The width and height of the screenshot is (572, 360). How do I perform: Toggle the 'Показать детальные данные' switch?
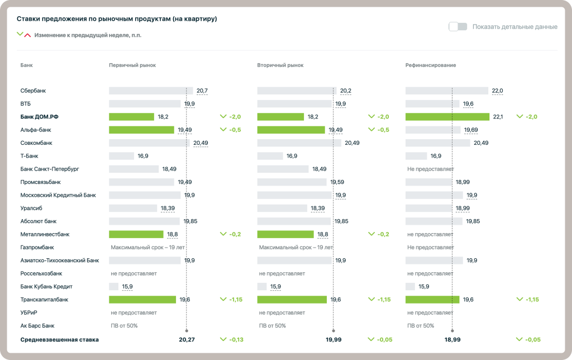click(457, 26)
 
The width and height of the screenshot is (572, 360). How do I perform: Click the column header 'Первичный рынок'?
click(132, 65)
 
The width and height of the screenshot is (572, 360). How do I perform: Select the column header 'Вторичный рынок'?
click(280, 65)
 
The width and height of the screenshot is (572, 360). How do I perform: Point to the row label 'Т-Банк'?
click(29, 156)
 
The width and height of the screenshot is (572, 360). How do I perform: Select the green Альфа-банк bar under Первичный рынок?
click(141, 130)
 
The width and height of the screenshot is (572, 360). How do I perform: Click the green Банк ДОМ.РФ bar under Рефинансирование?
click(447, 117)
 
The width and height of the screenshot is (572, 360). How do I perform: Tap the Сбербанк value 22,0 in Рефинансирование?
click(497, 91)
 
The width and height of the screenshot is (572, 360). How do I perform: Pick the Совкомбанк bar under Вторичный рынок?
click(299, 143)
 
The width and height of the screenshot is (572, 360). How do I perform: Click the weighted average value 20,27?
click(187, 339)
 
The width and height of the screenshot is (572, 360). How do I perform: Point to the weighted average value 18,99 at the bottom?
click(452, 339)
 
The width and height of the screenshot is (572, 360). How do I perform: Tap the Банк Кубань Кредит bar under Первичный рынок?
click(113, 287)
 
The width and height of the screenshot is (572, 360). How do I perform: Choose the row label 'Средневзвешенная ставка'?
click(59, 339)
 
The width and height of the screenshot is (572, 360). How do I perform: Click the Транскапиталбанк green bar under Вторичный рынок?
click(292, 300)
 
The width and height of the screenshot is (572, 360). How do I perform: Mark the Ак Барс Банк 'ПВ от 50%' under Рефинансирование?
click(421, 326)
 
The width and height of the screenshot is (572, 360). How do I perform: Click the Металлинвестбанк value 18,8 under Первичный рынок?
click(173, 234)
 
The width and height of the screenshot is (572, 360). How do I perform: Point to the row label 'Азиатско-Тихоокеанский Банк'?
click(59, 260)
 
